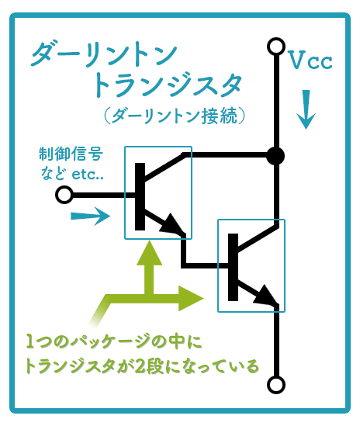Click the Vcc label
310,60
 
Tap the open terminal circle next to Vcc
276,47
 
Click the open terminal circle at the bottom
276,385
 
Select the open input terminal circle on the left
64,195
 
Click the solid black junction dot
275,156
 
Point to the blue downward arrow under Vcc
306,109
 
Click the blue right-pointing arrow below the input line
91,216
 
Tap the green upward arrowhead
150,253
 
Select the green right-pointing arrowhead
191,298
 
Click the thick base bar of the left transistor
140,196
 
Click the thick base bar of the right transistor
233,267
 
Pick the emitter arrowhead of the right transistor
265,295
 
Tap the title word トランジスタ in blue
167,85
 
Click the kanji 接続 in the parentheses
220,116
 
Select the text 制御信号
71,154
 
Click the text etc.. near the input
88,174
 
